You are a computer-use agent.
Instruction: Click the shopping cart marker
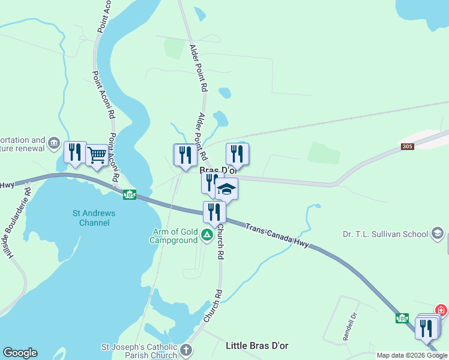point(96,155)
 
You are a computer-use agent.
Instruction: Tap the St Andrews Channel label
point(94,218)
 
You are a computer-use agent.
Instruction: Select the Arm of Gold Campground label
point(173,236)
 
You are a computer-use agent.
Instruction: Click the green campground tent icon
point(207,235)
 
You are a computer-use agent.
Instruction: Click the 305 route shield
point(408,147)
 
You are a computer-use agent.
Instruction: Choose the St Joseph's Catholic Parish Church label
point(139,351)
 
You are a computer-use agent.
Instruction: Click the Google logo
point(20,353)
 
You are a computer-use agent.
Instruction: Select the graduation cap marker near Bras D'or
point(226,190)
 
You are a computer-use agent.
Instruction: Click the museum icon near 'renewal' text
point(54,143)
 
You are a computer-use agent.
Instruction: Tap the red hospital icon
point(442,310)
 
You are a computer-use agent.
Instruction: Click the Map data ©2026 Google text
point(412,355)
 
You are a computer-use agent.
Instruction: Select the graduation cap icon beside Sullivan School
point(438,233)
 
